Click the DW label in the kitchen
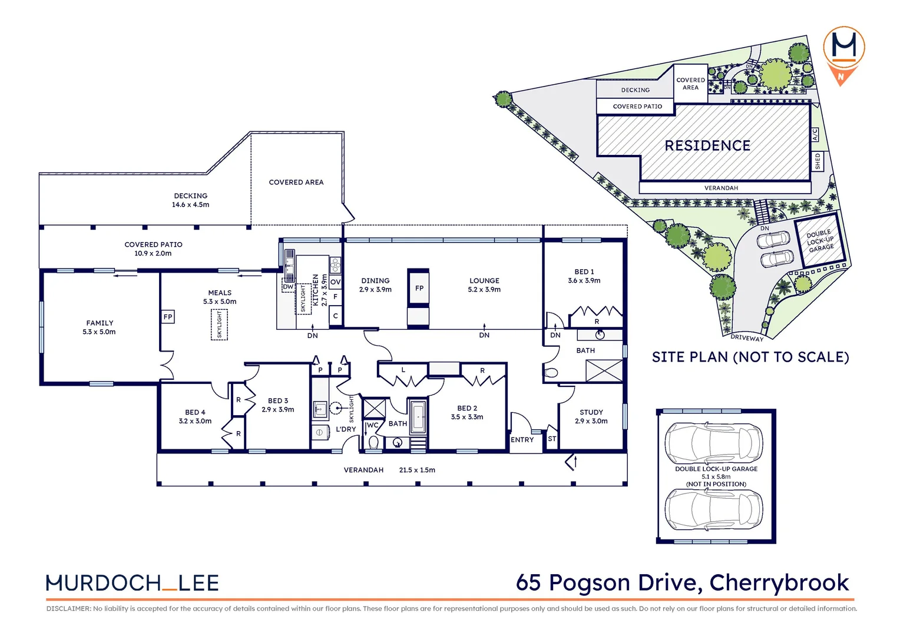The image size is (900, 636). tap(288, 287)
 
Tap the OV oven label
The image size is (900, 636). tap(335, 282)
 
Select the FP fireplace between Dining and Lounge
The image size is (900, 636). tap(419, 288)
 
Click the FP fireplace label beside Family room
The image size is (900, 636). tap(168, 317)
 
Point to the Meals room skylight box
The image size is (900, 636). tap(219, 324)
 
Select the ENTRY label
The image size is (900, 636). tap(522, 440)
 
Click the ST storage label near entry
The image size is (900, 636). tap(552, 439)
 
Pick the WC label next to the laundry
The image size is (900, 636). tap(373, 425)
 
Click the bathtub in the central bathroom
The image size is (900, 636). tap(418, 416)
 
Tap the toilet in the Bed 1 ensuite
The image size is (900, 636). tap(551, 373)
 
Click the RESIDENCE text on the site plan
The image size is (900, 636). tap(707, 145)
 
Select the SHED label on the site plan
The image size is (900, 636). tap(818, 161)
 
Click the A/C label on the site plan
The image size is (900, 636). tap(815, 135)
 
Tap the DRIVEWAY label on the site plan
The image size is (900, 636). tap(747, 338)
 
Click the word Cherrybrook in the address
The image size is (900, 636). tap(779, 582)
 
